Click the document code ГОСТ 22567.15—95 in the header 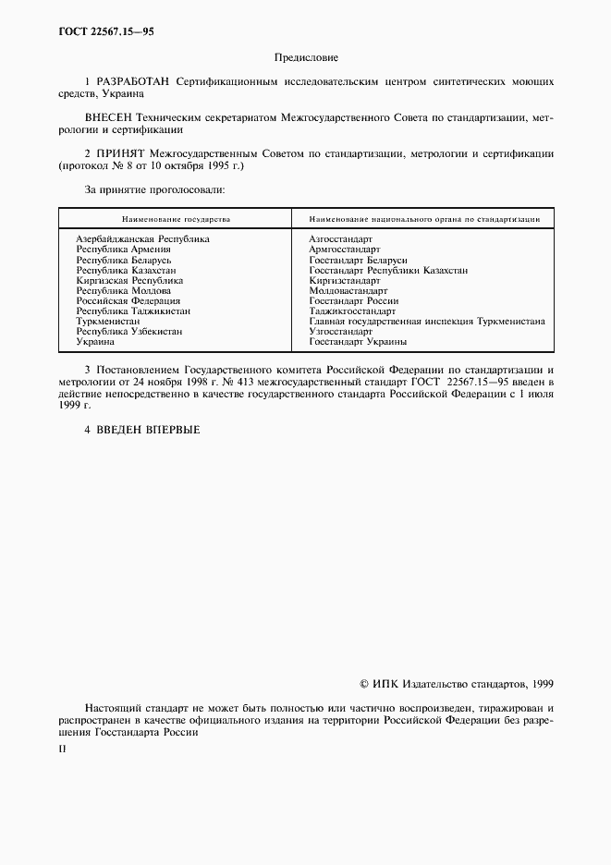pyautogui.click(x=102, y=31)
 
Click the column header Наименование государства pyautogui.click(x=175, y=220)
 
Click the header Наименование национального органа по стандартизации pyautogui.click(x=424, y=220)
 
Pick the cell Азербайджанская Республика pyautogui.click(x=142, y=238)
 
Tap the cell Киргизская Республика pyautogui.click(x=129, y=280)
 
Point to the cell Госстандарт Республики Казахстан pyautogui.click(x=388, y=270)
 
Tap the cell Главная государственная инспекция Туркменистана pyautogui.click(x=427, y=322)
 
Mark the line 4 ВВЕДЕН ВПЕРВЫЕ pyautogui.click(x=141, y=429)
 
